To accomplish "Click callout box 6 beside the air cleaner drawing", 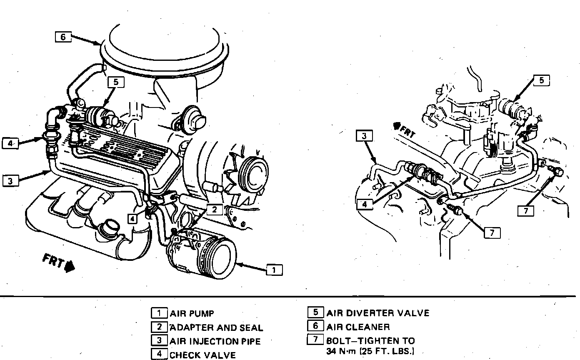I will [x=63, y=37].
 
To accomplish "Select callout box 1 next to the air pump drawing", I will [x=274, y=270].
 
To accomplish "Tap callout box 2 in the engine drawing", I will [x=215, y=210].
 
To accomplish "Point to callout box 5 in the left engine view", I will [x=115, y=82].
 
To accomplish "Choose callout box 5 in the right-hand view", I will [x=541, y=80].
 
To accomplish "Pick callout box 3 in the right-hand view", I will [x=364, y=136].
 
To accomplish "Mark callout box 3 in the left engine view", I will [x=10, y=181].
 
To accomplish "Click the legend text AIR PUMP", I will [x=192, y=313].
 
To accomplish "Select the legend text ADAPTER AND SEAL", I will [x=216, y=327].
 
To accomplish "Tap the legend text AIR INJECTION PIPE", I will [x=215, y=341].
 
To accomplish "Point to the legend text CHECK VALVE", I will [x=202, y=355].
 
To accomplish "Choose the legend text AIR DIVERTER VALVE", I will [x=377, y=313].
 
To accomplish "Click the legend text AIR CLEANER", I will [x=358, y=327].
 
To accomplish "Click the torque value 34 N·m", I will [x=340, y=351].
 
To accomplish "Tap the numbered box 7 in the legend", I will [x=315, y=340].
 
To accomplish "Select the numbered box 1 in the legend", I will [x=159, y=313].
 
